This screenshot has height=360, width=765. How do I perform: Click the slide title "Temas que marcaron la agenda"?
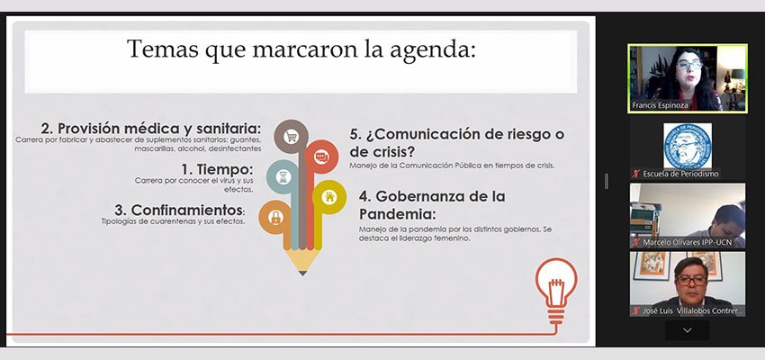[301, 50]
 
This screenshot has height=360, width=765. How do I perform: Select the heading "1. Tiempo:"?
[217, 169]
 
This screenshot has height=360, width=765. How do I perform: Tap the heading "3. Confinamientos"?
[178, 211]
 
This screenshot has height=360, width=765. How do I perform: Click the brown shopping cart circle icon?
[292, 137]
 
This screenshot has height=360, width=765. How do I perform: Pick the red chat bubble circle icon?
[321, 157]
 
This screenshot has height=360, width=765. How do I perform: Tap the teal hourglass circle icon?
[283, 176]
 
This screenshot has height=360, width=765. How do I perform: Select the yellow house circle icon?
[329, 197]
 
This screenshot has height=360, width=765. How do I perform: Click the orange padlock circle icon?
[275, 217]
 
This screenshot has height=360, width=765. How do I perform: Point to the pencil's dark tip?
[302, 274]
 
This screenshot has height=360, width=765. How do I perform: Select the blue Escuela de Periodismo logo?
[688, 146]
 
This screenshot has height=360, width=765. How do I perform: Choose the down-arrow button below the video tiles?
[688, 330]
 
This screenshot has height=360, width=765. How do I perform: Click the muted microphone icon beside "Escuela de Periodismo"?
[635, 174]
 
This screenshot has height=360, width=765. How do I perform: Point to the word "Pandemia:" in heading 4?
[397, 213]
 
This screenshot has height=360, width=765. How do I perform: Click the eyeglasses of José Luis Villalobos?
[691, 280]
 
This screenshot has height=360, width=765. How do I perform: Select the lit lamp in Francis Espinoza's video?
[737, 74]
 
